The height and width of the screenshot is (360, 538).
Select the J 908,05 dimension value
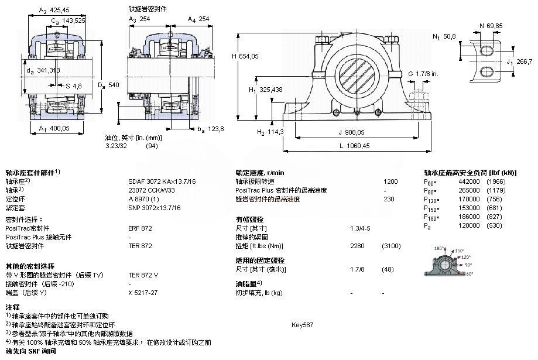pos(351,132)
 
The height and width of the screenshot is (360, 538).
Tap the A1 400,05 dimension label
pos(54,128)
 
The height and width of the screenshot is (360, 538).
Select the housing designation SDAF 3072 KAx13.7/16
pos(162,181)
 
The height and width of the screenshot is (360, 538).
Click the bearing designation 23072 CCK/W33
pos(155,190)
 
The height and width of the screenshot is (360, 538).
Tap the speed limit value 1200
pos(390,181)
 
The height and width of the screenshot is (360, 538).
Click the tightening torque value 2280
pos(357,245)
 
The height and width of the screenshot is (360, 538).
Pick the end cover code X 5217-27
pos(143,292)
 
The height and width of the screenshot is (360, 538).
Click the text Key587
pos(303,324)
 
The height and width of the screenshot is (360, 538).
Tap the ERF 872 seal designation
pos(140,228)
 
